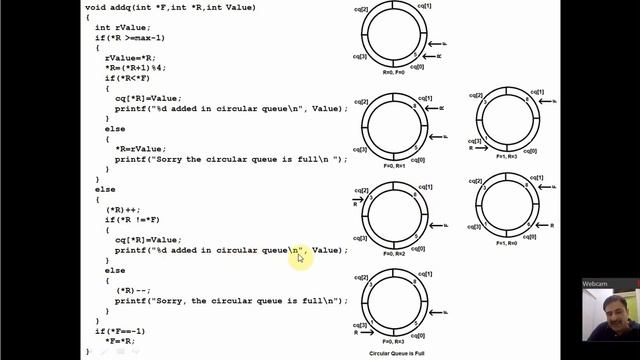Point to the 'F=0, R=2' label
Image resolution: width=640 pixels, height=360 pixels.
[x=396, y=254]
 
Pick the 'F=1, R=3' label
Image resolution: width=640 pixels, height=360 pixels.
[x=506, y=157]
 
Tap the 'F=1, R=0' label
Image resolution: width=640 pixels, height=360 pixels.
[x=506, y=243]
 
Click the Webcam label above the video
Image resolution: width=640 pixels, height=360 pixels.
[x=597, y=283]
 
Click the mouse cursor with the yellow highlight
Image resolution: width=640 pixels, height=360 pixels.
[x=298, y=257]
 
